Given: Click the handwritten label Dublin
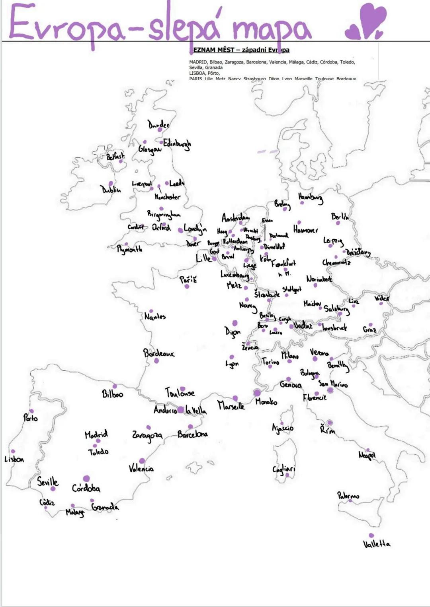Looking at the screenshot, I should coord(111,190).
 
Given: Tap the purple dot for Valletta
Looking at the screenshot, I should coord(371,535).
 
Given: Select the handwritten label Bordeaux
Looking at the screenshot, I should coord(158,353).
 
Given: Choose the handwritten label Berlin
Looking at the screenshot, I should coord(340,217).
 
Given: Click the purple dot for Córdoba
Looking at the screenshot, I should coord(86,479).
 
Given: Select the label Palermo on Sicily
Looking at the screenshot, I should coord(348,496).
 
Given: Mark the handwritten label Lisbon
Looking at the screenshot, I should coord(14,459).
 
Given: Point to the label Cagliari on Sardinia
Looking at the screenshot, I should coord(284,469).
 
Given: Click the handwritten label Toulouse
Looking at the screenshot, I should coord(180,393).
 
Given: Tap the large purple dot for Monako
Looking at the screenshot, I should coord(257,393).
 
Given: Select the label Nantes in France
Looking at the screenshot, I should coord(155,317).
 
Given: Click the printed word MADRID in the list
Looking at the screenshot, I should coord(198,62).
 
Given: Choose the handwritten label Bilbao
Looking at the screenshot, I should coord(113,394).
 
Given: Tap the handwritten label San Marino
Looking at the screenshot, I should coord(333,384).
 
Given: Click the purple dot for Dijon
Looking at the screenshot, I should coord(235,323).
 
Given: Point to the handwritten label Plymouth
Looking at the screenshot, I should coord(129,249).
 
